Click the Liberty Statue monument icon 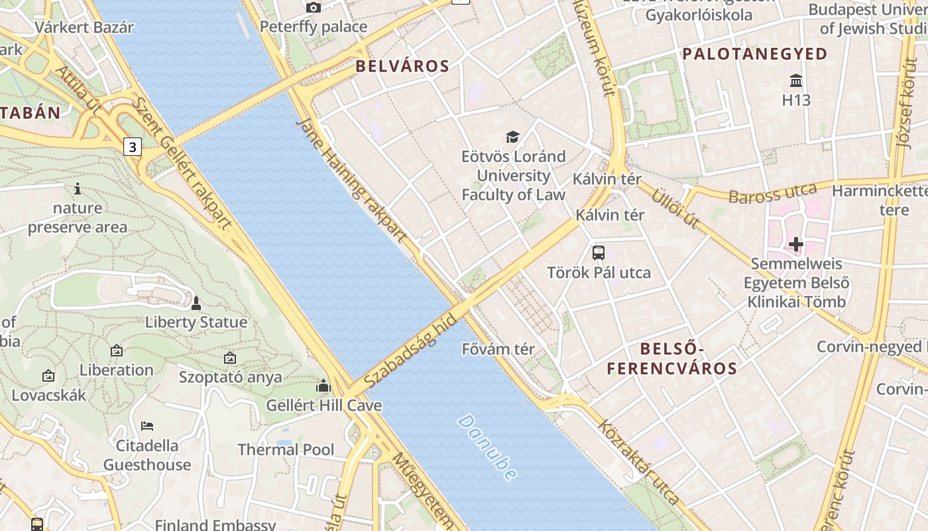[x=196, y=303]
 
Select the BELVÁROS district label [x=402, y=66]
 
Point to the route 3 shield [x=133, y=147]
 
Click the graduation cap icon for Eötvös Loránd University [x=512, y=137]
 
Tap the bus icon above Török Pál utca [x=599, y=252]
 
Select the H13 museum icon [x=796, y=81]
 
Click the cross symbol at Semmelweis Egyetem [x=796, y=244]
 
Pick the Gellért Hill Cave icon [x=323, y=386]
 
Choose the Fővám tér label [x=498, y=348]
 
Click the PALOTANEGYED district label [x=754, y=54]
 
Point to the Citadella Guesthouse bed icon [x=147, y=425]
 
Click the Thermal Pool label [x=286, y=449]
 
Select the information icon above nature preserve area [x=78, y=189]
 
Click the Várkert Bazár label [x=84, y=27]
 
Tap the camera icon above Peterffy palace [x=314, y=7]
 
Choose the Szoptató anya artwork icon [x=230, y=358]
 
